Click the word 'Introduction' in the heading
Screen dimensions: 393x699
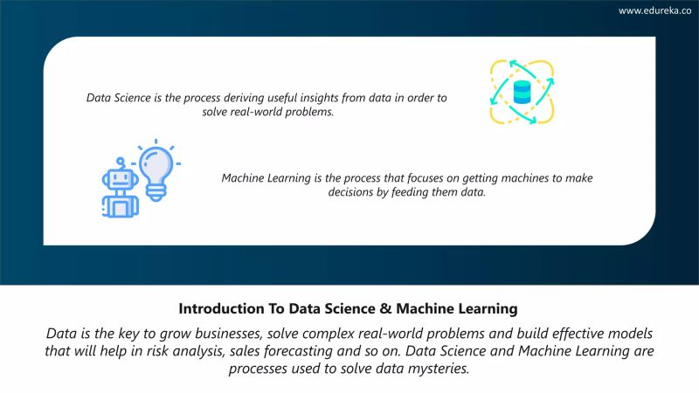point(219,308)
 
